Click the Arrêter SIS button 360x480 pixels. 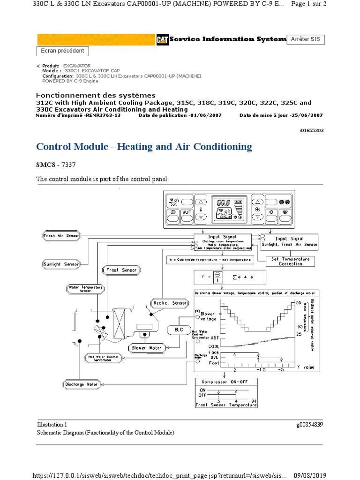point(306,39)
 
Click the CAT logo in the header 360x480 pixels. point(162,40)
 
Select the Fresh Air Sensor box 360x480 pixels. point(61,235)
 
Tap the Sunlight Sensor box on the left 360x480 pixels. point(61,264)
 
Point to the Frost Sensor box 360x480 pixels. point(121,270)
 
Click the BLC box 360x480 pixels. point(179,330)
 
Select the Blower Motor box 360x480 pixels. point(146,348)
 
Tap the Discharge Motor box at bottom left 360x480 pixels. point(81,384)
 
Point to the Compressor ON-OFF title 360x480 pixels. point(226,382)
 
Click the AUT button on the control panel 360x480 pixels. point(187,212)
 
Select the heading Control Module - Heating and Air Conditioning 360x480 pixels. point(144,147)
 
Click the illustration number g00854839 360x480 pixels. point(309,425)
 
